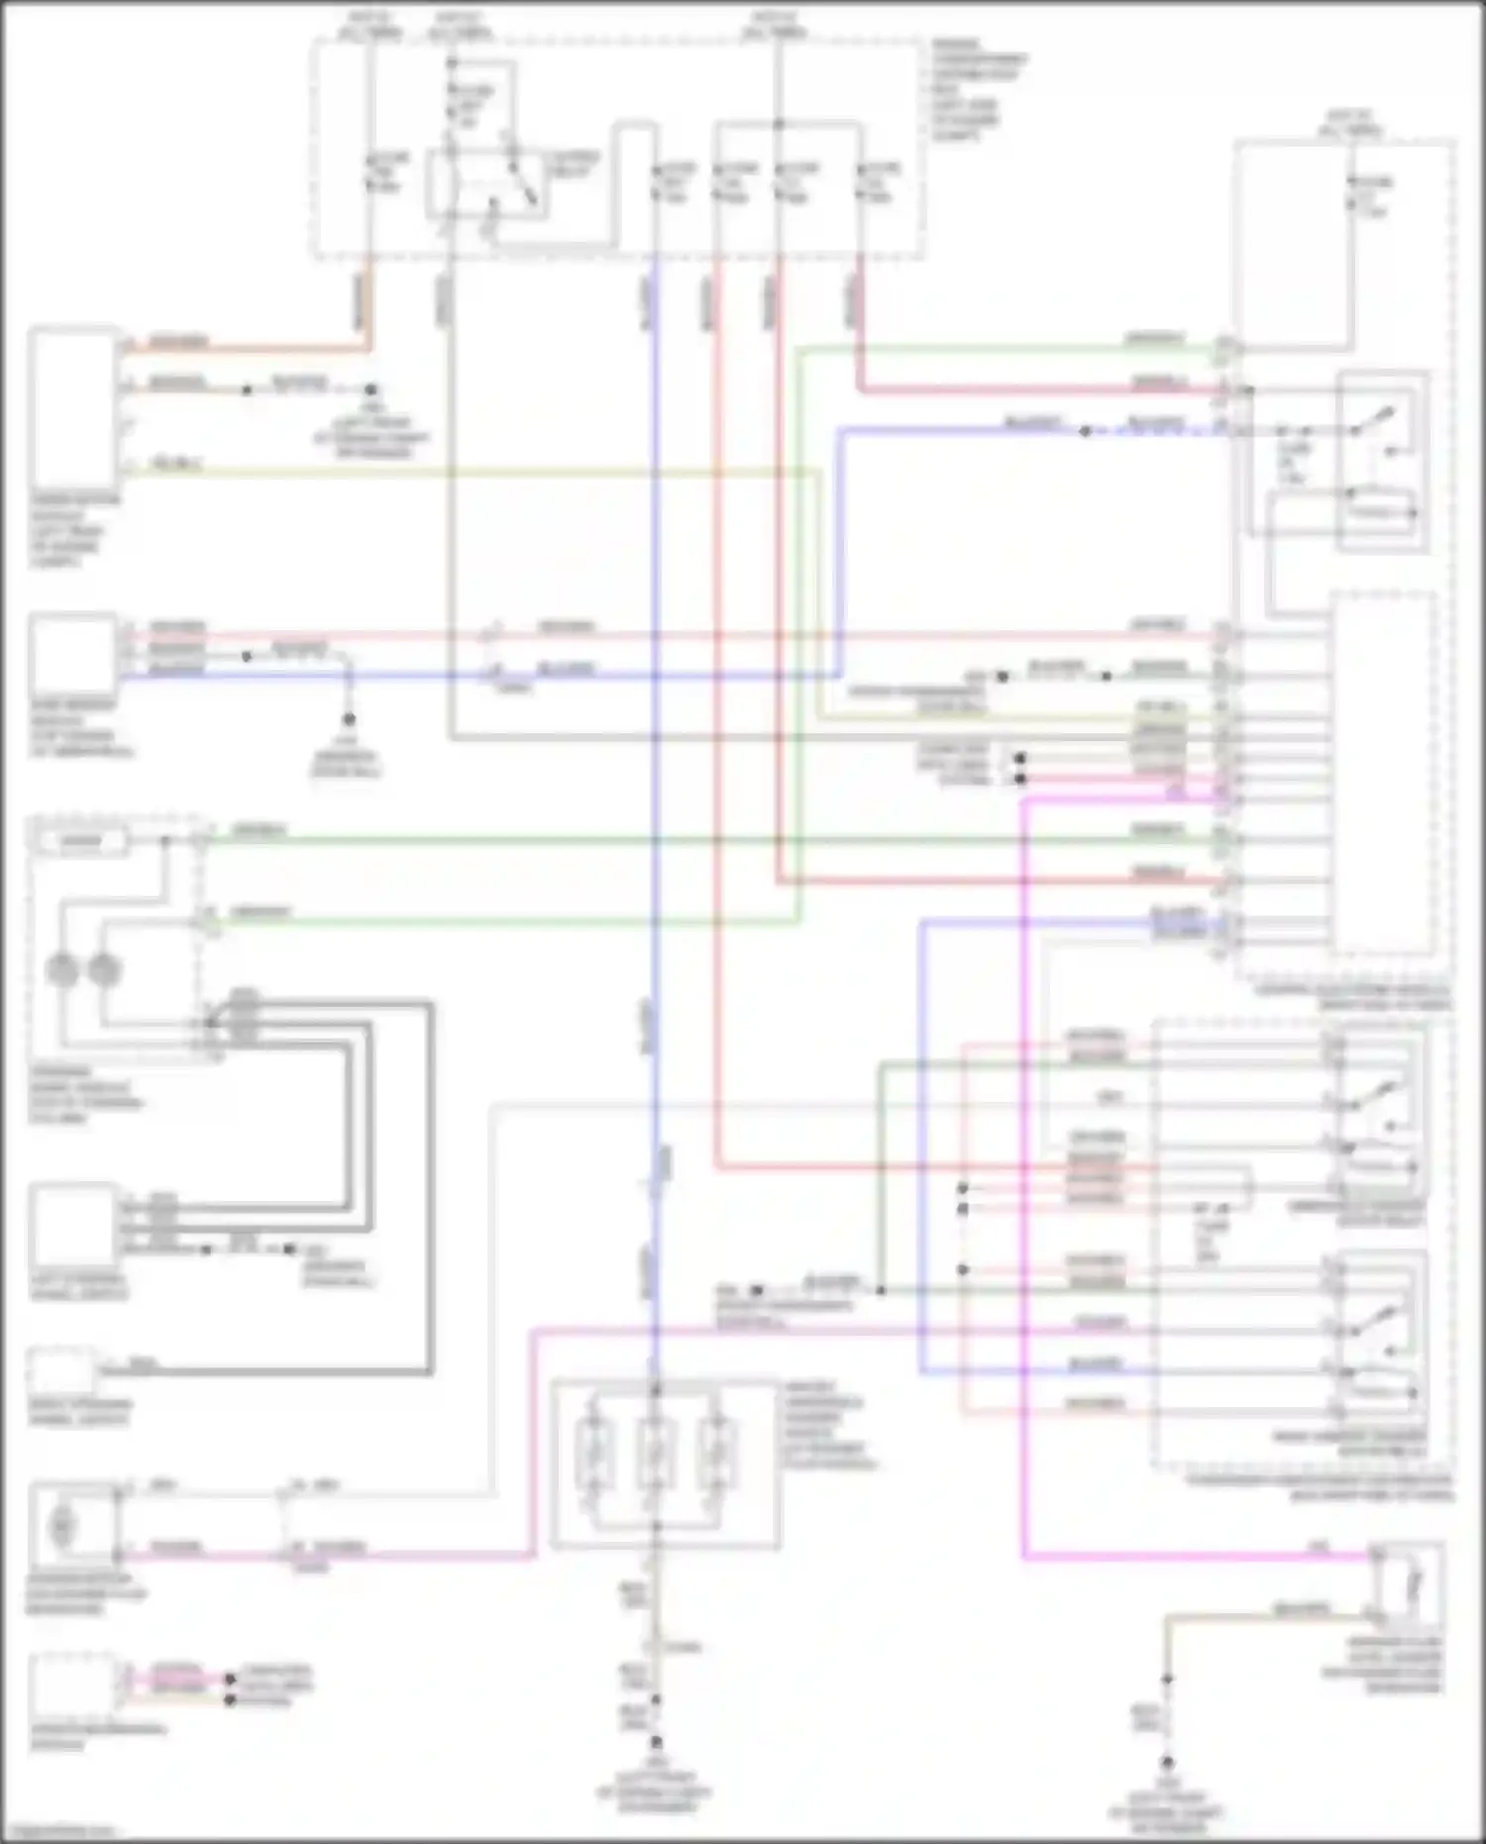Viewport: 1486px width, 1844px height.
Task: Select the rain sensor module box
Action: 74,655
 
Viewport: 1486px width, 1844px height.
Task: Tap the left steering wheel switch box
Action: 74,1225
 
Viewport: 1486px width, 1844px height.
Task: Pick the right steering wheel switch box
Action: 61,1372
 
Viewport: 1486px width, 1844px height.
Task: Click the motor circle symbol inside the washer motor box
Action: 61,1526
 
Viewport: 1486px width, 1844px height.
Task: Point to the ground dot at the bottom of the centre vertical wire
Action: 655,1742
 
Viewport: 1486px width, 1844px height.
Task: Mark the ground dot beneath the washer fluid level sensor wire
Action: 1167,1764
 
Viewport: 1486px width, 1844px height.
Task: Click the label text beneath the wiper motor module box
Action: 74,530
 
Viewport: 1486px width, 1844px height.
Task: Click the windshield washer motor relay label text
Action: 1356,1214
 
